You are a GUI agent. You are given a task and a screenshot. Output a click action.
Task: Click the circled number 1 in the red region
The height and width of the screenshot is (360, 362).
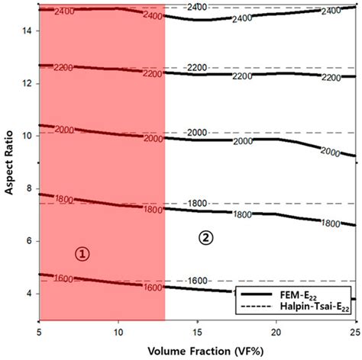[x=82, y=254]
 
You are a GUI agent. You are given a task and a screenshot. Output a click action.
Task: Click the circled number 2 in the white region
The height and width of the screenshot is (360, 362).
[x=205, y=237]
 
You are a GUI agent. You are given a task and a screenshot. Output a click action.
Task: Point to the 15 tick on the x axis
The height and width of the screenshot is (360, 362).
[x=197, y=332]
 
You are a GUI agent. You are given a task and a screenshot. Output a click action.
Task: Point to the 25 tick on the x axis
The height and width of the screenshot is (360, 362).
[x=354, y=332]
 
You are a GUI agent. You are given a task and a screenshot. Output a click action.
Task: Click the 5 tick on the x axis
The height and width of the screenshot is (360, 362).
[x=39, y=332]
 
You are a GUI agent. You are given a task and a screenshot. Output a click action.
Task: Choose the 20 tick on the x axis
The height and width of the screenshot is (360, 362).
[x=276, y=332]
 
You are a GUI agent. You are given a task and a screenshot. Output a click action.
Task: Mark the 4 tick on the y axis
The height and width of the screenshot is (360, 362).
[x=27, y=294]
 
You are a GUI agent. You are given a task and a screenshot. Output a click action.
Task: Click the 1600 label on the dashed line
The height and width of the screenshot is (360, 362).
[x=197, y=281]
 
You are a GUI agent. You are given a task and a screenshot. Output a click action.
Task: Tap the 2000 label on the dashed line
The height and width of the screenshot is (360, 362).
[x=197, y=133]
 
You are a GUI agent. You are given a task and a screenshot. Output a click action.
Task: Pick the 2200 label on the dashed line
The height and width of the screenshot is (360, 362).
[x=197, y=68]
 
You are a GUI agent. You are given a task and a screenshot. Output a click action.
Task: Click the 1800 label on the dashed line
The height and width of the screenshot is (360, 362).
[x=197, y=204]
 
